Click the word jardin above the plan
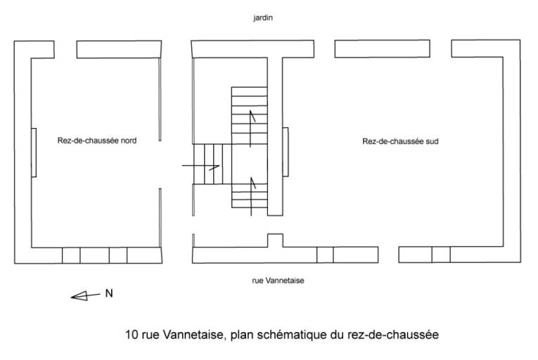point(263,18)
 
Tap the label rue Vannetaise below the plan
point(278,281)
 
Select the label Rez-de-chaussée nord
point(97,141)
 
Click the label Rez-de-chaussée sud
point(400,141)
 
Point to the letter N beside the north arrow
point(109,293)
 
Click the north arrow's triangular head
point(79,296)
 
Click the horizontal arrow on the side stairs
point(200,167)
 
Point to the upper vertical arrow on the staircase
point(251,129)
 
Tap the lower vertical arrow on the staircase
point(252,196)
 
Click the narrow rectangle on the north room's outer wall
point(34,153)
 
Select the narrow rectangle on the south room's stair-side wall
point(286,152)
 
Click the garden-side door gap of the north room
point(65,49)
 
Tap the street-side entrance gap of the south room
point(388,255)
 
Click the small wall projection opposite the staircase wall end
point(275,240)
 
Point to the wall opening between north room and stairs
point(160,165)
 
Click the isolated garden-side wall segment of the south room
point(383,49)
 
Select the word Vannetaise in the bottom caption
point(193,335)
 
